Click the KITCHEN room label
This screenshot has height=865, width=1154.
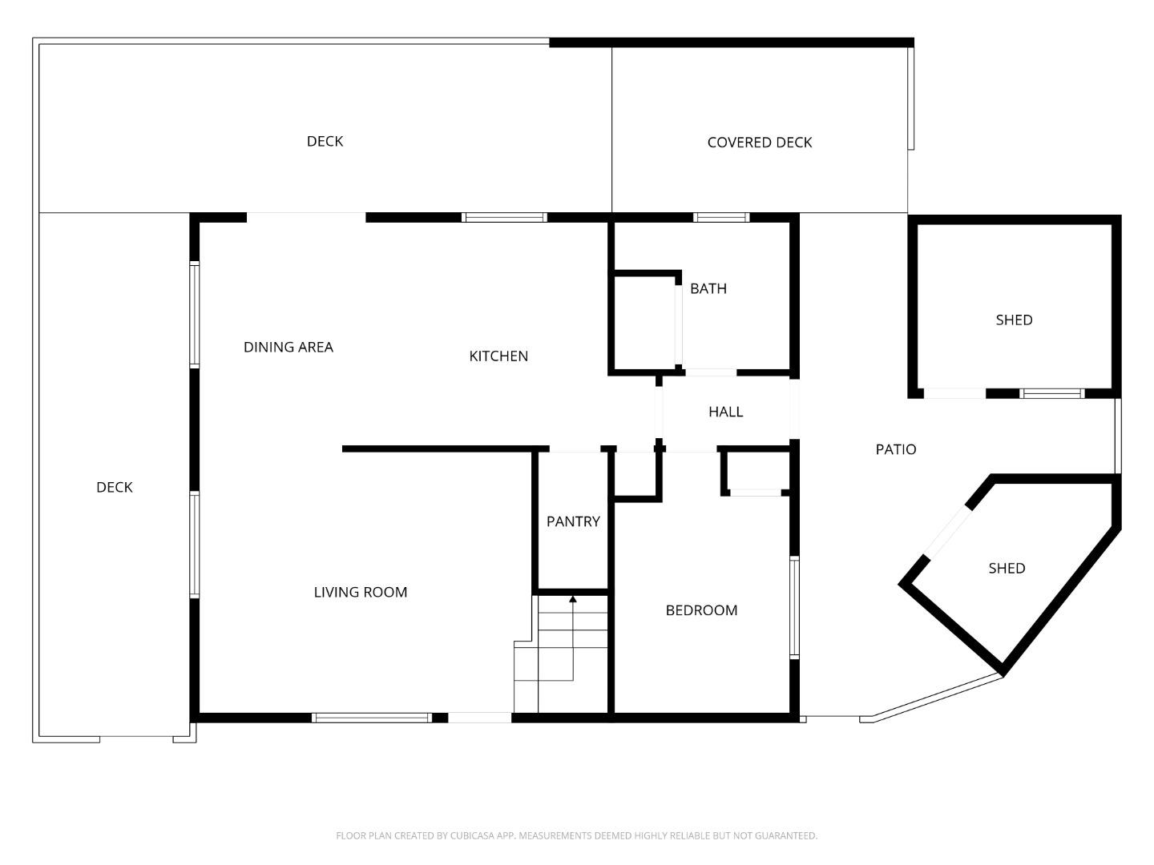(x=498, y=356)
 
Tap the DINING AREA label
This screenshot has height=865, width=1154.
(x=288, y=347)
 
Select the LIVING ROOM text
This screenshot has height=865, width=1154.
(x=361, y=592)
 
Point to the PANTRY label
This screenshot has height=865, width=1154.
(x=573, y=521)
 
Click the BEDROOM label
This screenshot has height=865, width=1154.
(x=701, y=610)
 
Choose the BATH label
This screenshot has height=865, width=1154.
(x=708, y=288)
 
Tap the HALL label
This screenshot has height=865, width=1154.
(x=725, y=412)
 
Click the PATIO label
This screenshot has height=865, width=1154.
(x=895, y=449)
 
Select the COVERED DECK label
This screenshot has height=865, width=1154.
(x=760, y=143)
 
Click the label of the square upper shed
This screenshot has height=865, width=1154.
(x=1014, y=320)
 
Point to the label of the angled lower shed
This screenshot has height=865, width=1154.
(x=1007, y=568)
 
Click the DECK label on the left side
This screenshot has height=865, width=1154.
(x=115, y=487)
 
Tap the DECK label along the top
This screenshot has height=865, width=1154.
(x=325, y=141)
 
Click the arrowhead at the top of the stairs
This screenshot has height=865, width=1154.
(x=572, y=598)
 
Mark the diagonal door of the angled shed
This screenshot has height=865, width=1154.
(x=947, y=532)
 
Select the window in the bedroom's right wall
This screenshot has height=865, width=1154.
(x=794, y=607)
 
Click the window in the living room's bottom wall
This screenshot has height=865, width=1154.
(x=371, y=718)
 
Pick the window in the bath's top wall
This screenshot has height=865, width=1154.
(x=721, y=217)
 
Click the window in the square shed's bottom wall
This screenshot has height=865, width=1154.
(x=1051, y=393)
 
